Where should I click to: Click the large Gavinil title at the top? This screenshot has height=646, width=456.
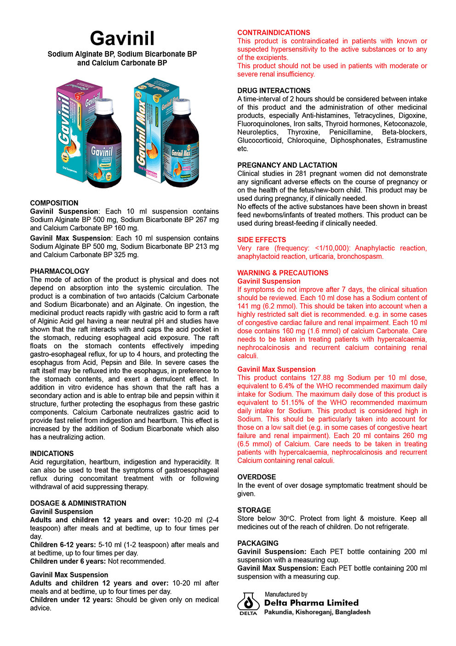coord(122,38)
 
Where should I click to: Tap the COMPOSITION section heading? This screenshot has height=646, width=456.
coord(54,203)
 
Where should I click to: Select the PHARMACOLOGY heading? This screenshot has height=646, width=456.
coord(60,271)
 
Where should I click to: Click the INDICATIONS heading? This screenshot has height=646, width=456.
coord(52,454)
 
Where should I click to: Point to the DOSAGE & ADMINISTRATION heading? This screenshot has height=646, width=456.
coord(78,503)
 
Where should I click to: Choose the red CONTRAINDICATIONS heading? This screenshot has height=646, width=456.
coord(274,33)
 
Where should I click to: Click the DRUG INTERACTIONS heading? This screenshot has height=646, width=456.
coord(274,91)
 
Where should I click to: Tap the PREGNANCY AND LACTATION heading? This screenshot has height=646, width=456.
coord(287,165)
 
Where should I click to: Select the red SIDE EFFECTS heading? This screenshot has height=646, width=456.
coord(262,240)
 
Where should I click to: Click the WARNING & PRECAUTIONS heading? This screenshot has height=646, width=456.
coord(283,273)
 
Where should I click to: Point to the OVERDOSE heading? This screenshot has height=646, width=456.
coord(256,477)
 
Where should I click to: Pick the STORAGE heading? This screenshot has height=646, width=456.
coord(254,510)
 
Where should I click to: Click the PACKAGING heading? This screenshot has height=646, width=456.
coord(258,543)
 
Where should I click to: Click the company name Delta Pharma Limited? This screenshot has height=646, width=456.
coord(311,603)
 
